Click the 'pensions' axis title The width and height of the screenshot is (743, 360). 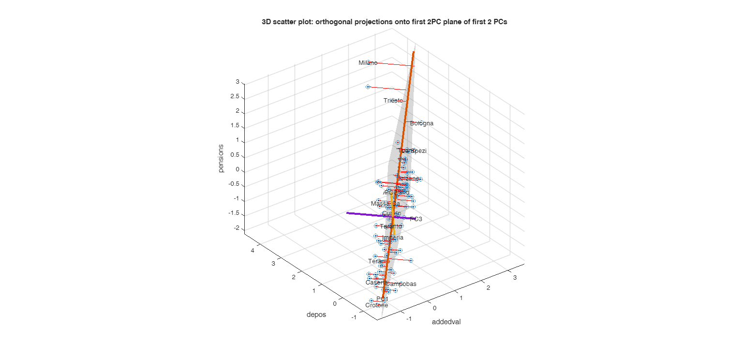(221, 158)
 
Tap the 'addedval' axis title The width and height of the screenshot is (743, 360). (446, 322)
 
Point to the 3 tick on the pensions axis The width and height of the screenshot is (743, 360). (238, 82)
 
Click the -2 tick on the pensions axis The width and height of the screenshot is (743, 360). (237, 228)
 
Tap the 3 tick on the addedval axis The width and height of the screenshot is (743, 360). (515, 278)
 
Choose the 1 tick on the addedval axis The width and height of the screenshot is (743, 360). (461, 298)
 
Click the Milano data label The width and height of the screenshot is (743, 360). (368, 63)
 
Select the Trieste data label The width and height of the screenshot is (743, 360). (393, 101)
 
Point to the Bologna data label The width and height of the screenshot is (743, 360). (422, 123)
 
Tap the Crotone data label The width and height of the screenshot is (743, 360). (376, 305)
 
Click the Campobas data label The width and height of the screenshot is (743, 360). (401, 284)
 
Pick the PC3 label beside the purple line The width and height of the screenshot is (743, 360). (416, 219)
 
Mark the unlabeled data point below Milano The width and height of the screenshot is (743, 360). (368, 87)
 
